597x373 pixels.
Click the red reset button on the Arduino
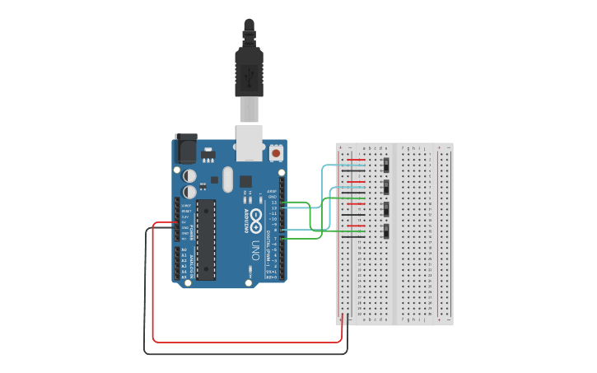click(275, 152)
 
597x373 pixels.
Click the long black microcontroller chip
click(205, 239)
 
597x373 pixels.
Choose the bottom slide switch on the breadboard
click(385, 231)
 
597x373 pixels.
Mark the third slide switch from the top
click(385, 209)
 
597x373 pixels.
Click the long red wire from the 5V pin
click(247, 341)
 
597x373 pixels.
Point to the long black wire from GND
click(247, 353)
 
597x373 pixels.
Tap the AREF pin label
click(272, 190)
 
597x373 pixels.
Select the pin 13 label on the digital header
click(273, 202)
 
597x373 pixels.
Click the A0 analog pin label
click(184, 249)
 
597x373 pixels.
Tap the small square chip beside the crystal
click(245, 181)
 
